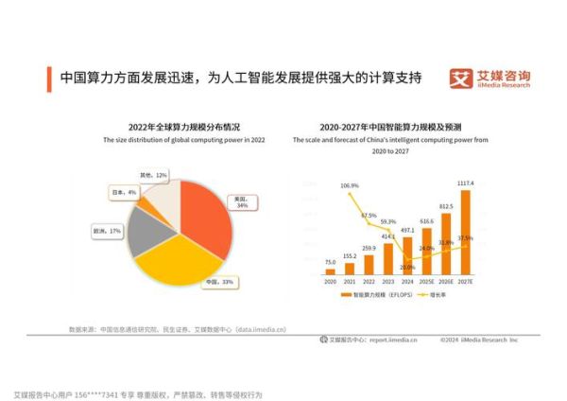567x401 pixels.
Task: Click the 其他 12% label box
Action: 153,176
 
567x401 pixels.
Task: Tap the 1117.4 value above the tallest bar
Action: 465,183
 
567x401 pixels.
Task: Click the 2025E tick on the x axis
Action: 426,281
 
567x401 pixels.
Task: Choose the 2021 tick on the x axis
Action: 350,281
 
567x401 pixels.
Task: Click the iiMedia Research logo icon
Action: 459,77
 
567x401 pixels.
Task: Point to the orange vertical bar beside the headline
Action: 50,78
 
